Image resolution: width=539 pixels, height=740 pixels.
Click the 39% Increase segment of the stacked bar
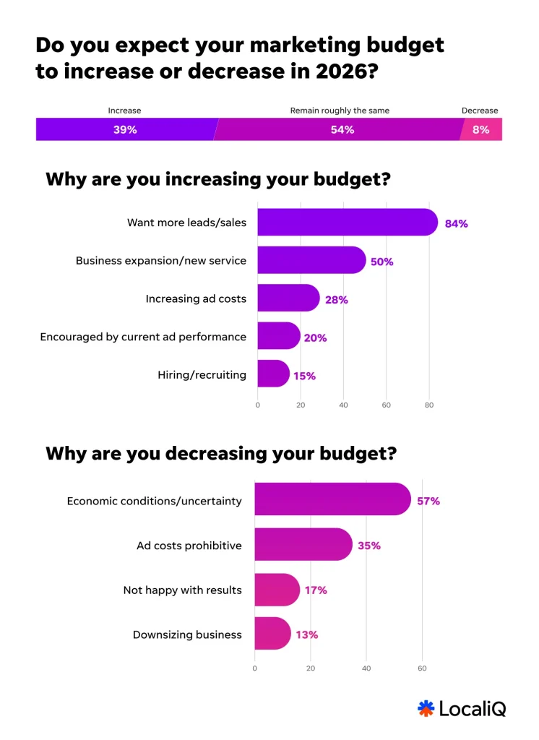point(124,130)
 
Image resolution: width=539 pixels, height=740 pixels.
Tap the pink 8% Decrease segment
point(481,130)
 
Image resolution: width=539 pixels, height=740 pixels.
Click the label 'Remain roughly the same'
point(340,111)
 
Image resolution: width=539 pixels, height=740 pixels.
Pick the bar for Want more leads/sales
point(347,223)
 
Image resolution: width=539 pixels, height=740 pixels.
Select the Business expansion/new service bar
point(311,260)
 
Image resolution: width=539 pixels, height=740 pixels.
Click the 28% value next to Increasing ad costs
point(336,299)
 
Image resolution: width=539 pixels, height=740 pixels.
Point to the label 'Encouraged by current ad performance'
point(143,337)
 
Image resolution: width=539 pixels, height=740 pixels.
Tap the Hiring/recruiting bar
point(273,374)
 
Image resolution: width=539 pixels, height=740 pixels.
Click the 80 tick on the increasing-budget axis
point(429,405)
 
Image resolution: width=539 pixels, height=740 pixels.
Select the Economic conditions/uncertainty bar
point(332,500)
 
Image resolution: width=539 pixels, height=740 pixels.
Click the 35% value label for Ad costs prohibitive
point(368,546)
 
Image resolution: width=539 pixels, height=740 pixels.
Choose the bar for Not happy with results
point(277,590)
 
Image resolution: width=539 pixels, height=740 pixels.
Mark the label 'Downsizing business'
point(187,634)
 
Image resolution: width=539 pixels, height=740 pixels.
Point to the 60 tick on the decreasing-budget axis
point(422,668)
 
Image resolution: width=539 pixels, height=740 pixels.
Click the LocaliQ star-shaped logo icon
point(426,708)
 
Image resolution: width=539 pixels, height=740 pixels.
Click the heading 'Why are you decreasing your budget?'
point(220,454)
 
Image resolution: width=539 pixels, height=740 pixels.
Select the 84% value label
point(456,223)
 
